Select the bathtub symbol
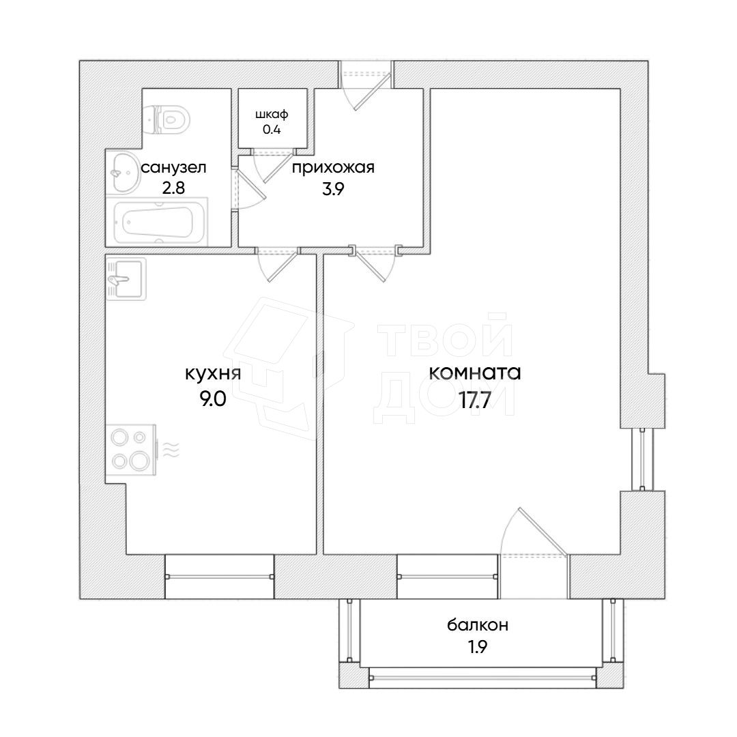(157, 222)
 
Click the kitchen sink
(126, 280)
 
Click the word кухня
(213, 374)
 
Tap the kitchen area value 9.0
(213, 399)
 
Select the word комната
(475, 373)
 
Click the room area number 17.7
(475, 401)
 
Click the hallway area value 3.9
(333, 189)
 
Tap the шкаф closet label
(272, 114)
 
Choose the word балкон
(478, 625)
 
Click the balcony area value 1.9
(477, 647)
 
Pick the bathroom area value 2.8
(173, 188)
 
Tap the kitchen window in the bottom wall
(219, 576)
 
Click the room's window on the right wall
(643, 459)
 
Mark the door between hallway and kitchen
(277, 265)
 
